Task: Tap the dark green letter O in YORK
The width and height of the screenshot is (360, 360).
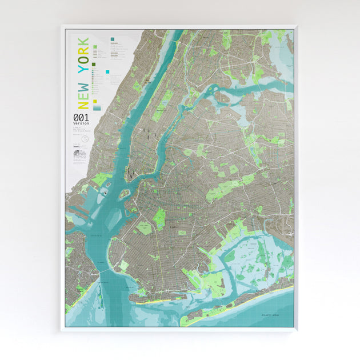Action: tap(83, 58)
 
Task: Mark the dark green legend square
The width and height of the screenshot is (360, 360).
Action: tap(93, 65)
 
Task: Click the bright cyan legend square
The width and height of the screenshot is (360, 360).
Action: tap(106, 73)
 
